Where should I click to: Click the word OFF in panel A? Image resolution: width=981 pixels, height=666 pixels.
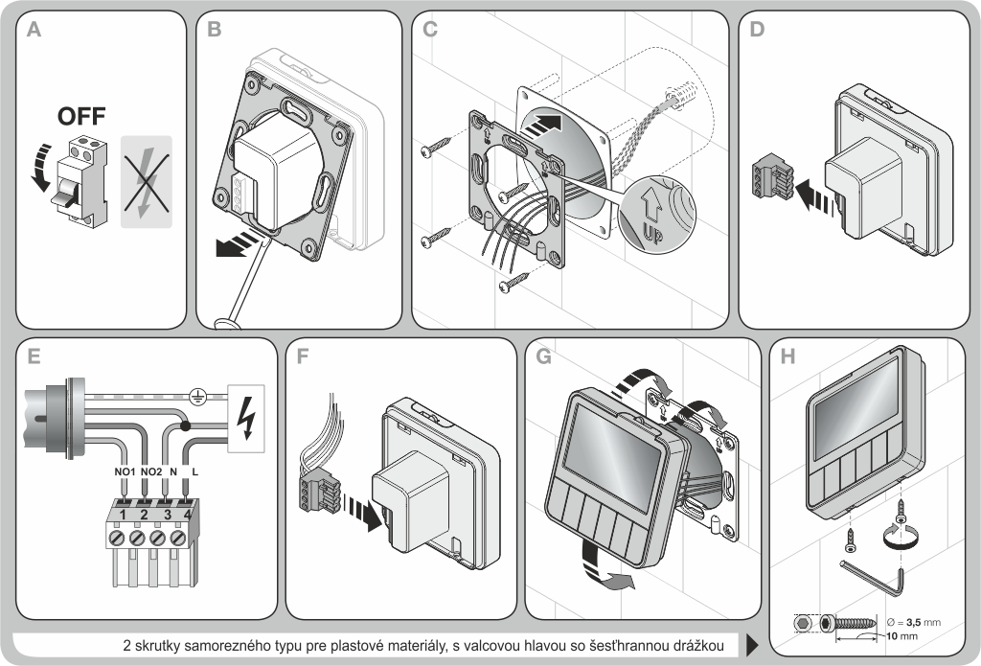pyautogui.click(x=81, y=118)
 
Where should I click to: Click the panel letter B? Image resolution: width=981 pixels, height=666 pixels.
pyautogui.click(x=214, y=31)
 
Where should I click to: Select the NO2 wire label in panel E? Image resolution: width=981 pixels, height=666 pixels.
pyautogui.click(x=151, y=472)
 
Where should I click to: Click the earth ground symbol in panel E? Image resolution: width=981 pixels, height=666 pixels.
pyautogui.click(x=196, y=394)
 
